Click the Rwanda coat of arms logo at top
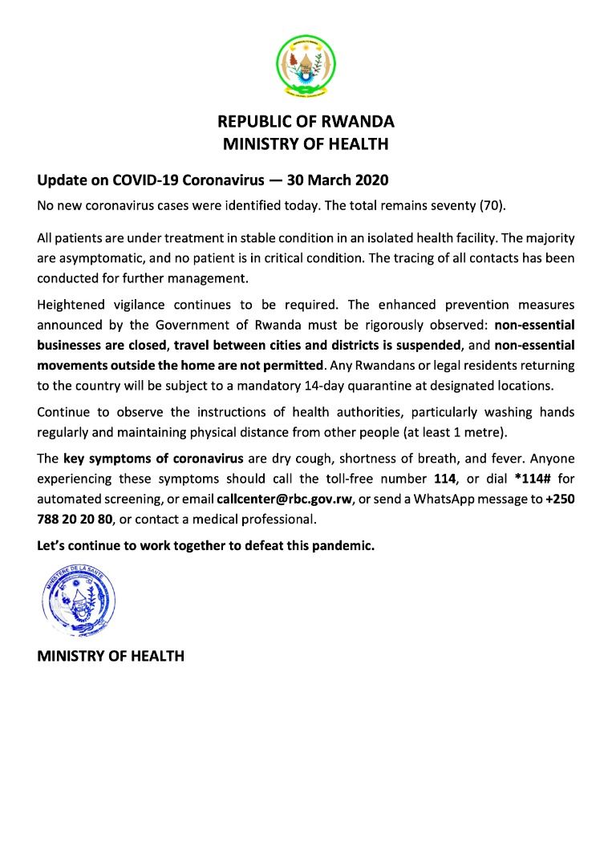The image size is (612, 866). click(x=306, y=63)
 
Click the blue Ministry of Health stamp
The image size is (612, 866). click(x=78, y=598)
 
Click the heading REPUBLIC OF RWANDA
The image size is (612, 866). click(x=306, y=122)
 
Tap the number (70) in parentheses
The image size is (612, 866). click(x=492, y=205)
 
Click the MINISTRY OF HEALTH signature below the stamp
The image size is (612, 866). click(x=111, y=656)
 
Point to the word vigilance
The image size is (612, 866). click(x=145, y=306)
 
